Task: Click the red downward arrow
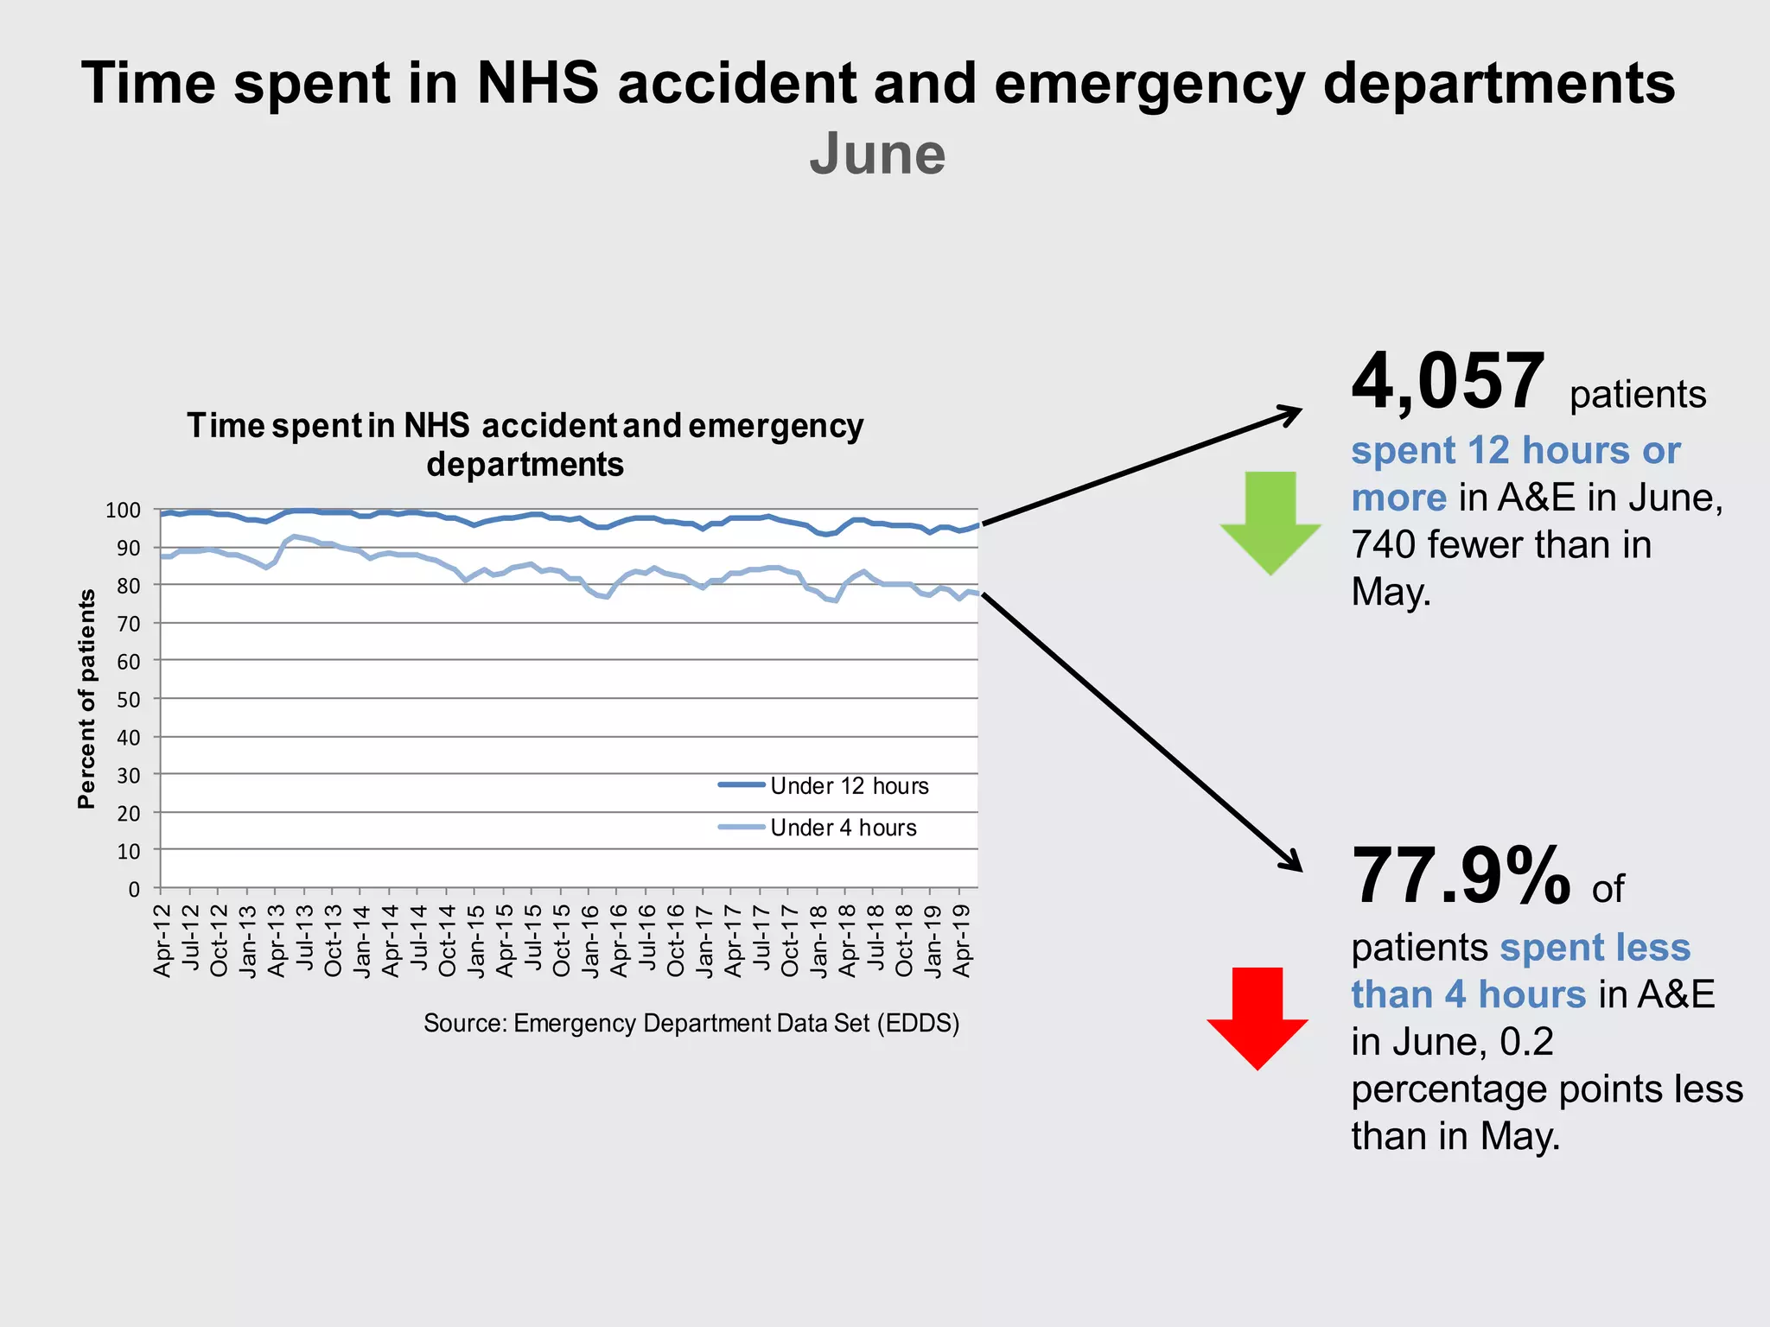click(x=1257, y=1017)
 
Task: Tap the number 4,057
click(x=1448, y=382)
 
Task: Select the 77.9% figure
click(x=1461, y=877)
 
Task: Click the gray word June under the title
click(x=877, y=154)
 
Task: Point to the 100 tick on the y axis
click(x=123, y=511)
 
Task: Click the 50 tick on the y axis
click(x=128, y=700)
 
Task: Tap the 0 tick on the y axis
click(x=134, y=889)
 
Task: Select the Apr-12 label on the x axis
click(x=162, y=940)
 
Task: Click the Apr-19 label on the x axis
click(x=961, y=940)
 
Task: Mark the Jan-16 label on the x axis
click(x=589, y=940)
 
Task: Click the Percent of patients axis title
click(x=86, y=698)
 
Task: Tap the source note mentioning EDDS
click(x=691, y=1024)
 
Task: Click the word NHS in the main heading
click(x=538, y=84)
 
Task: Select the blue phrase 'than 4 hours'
click(x=1468, y=994)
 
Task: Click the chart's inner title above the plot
click(x=525, y=445)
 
